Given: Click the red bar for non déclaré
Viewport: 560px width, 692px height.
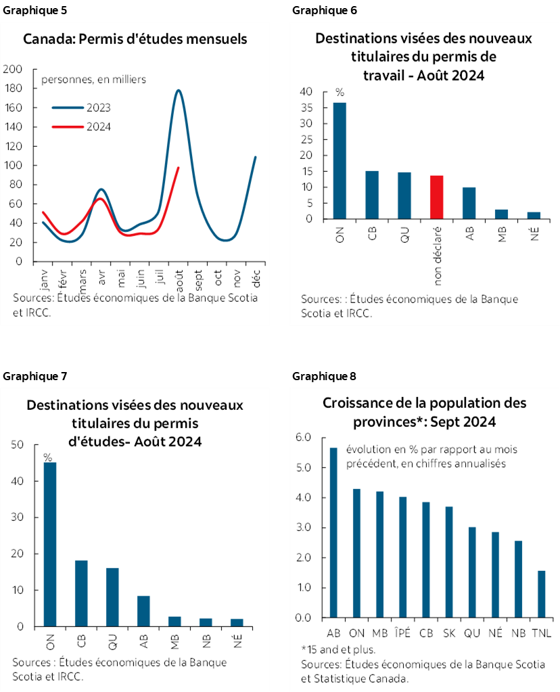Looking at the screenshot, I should coord(436,197).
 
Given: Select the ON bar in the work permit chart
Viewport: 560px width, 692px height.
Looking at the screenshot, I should coord(339,161).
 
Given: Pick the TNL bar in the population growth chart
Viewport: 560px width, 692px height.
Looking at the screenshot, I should coord(540,594).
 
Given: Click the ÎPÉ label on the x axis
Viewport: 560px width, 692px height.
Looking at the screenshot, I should coord(402,632).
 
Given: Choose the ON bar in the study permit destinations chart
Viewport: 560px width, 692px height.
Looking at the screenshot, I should coord(50,544).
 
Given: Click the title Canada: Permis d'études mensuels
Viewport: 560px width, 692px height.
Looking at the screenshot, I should coord(135,39).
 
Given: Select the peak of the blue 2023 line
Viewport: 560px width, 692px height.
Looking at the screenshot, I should coord(178,90).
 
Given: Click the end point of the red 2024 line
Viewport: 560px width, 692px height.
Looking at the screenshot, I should coord(178,167).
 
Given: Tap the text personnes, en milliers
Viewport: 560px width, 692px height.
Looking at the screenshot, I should coord(94,79).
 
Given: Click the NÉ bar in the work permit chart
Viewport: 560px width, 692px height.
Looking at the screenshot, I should coord(534,215).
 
